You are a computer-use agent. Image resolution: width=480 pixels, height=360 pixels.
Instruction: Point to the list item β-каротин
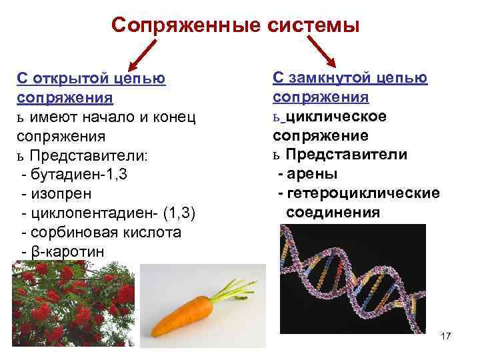tap(64, 252)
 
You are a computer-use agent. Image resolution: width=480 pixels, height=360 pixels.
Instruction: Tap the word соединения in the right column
tap(333, 213)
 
